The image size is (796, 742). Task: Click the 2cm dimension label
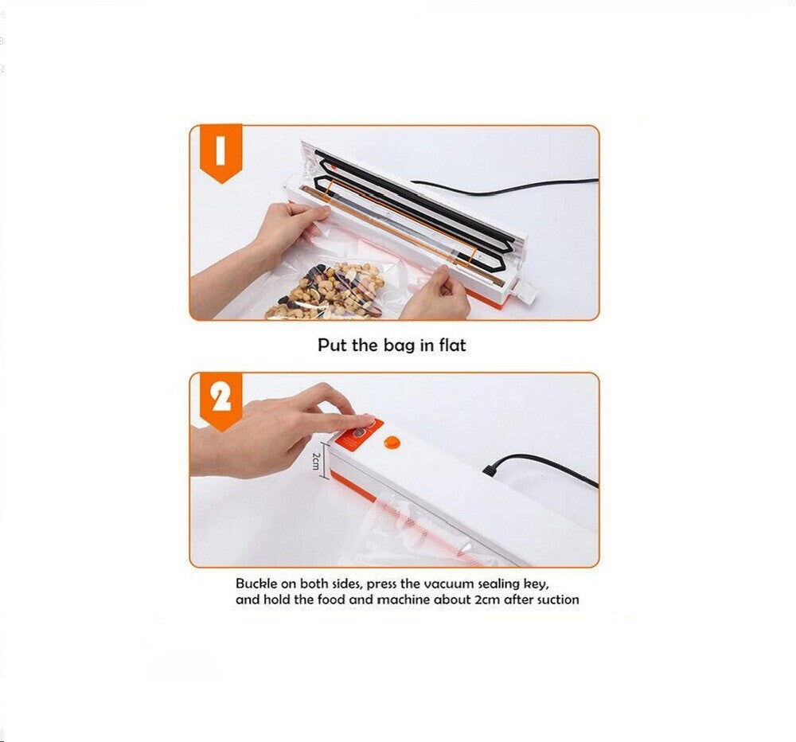coord(315,461)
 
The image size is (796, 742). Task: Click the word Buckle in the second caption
coord(256,584)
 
